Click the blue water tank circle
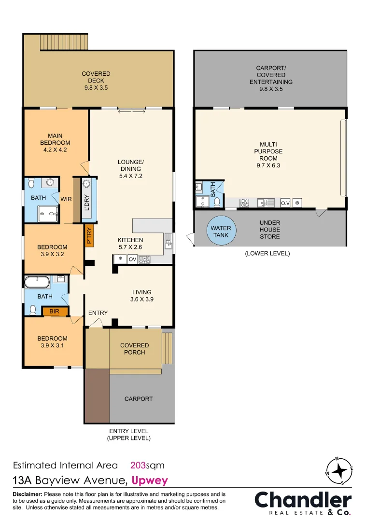tap(220, 232)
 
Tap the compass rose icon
tap(341, 471)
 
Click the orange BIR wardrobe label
tap(54, 312)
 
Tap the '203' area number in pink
tap(139, 466)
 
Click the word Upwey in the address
tap(150, 480)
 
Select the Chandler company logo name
tap(303, 500)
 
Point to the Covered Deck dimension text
tap(96, 88)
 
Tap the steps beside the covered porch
tap(168, 348)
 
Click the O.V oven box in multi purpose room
tap(285, 203)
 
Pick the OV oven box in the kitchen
tap(132, 260)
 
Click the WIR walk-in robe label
tap(66, 198)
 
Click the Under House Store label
tap(269, 230)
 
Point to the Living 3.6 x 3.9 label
tap(142, 296)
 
